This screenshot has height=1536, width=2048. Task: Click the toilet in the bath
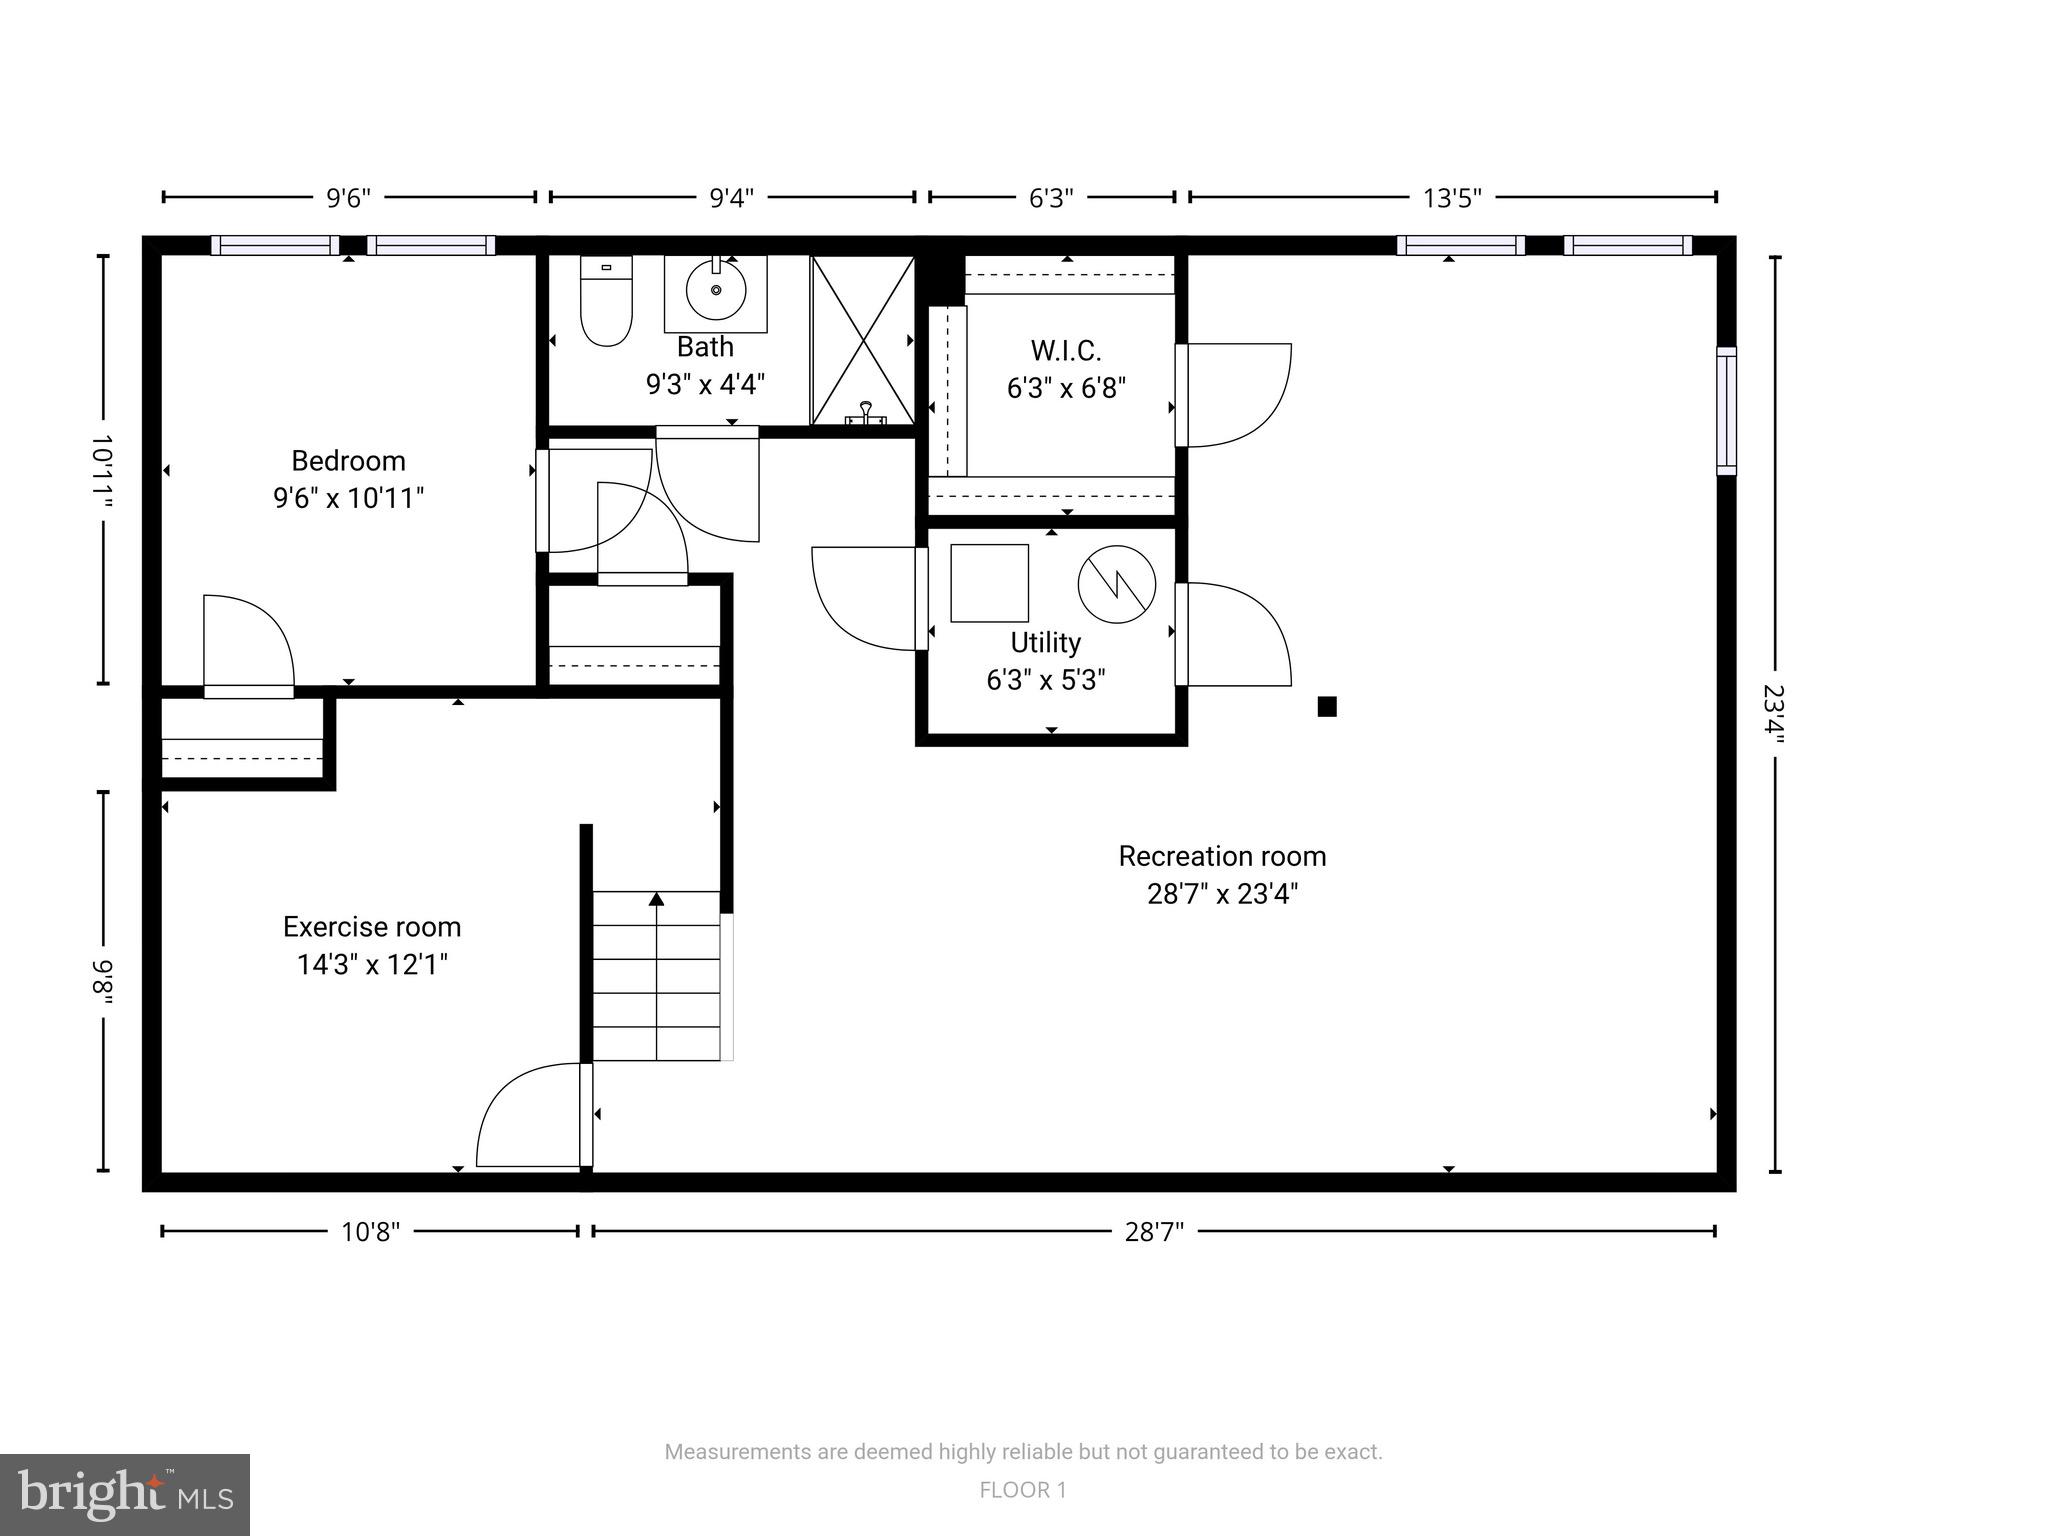(606, 303)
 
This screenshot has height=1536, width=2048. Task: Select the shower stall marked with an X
(862, 340)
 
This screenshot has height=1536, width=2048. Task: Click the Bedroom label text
(348, 461)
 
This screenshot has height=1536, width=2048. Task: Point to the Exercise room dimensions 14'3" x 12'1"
(372, 965)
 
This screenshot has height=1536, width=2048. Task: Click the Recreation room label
(1222, 857)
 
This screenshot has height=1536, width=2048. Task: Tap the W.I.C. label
(1066, 351)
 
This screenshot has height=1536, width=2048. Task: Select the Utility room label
(1045, 643)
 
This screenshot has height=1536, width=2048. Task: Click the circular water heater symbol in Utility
(1117, 585)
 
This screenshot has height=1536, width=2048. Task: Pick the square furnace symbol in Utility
(989, 583)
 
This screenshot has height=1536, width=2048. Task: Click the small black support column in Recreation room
(1327, 707)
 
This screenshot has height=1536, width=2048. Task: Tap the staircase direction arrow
(656, 900)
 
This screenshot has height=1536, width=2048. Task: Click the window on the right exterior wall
(1726, 410)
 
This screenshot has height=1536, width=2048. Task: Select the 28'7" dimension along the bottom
(1154, 1232)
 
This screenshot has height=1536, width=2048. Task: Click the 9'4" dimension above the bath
(731, 198)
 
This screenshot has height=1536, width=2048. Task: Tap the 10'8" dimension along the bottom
(370, 1232)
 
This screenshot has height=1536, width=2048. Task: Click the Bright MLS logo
(125, 1494)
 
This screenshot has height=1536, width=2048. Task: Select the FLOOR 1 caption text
(1023, 1490)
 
